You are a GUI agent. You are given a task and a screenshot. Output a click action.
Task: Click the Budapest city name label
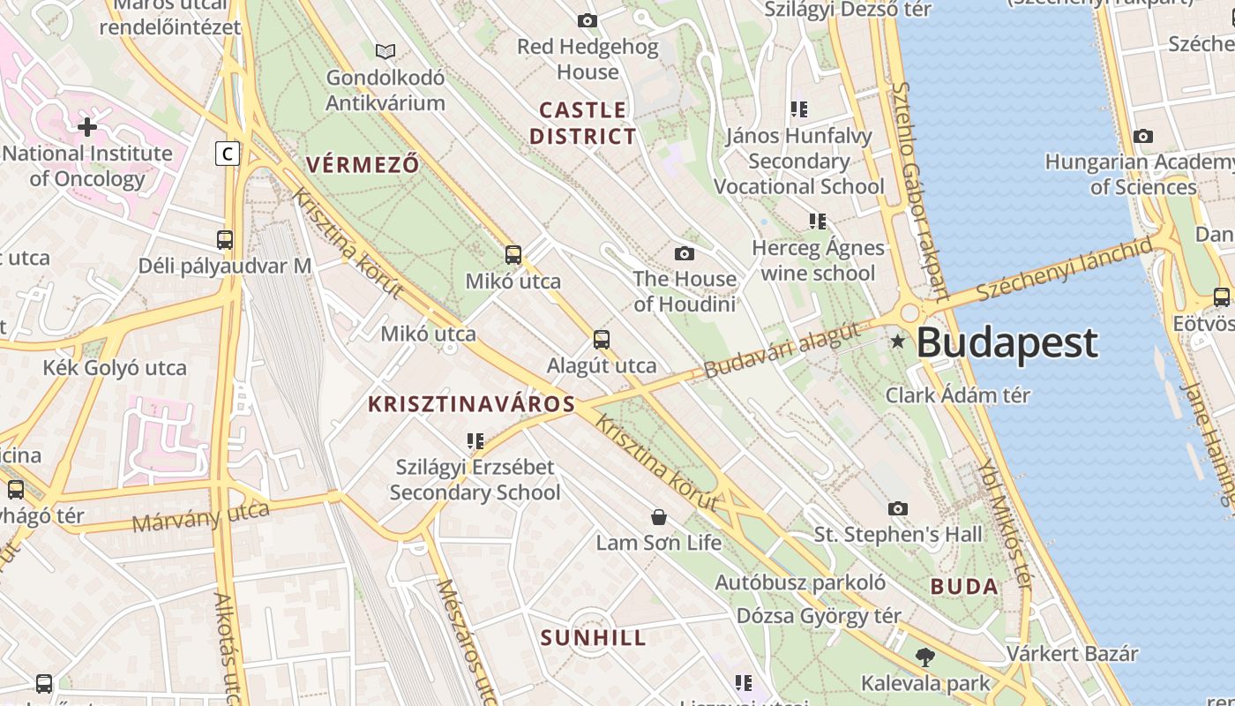tap(1007, 342)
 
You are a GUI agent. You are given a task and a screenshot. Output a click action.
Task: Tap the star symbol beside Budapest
tap(898, 341)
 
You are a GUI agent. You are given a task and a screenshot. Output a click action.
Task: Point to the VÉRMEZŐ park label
tap(363, 164)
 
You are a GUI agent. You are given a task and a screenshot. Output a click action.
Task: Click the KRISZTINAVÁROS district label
tap(471, 404)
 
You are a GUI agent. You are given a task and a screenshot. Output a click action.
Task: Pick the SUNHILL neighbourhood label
tap(593, 638)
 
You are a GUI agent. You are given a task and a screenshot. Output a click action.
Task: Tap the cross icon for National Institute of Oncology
tap(86, 127)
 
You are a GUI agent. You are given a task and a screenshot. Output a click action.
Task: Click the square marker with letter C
tap(228, 154)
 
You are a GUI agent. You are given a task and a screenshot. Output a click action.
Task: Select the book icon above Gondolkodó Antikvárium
tap(385, 51)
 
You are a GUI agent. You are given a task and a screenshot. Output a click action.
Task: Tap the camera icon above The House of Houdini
tap(684, 254)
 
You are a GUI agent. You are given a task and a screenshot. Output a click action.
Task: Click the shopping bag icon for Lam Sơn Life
tap(658, 516)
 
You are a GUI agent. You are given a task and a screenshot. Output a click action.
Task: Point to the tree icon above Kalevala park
tap(924, 657)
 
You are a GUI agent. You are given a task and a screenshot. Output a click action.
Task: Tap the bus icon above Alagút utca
tap(602, 339)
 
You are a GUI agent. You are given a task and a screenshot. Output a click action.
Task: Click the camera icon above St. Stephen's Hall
tap(898, 508)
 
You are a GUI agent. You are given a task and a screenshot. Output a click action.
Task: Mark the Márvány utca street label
tap(201, 517)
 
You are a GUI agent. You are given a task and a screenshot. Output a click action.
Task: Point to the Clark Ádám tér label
tap(957, 394)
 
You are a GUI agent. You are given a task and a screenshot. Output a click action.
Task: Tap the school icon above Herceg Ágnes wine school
tap(818, 221)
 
